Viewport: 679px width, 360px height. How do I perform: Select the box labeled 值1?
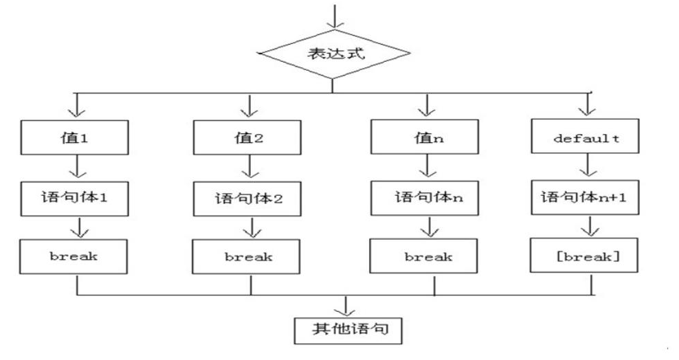coord(76,137)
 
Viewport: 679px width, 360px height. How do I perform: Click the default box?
coord(586,137)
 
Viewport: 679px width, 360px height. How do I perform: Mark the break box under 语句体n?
coord(427,257)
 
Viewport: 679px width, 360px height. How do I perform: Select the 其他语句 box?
coord(346,330)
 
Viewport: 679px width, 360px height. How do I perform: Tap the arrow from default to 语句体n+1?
coord(586,167)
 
